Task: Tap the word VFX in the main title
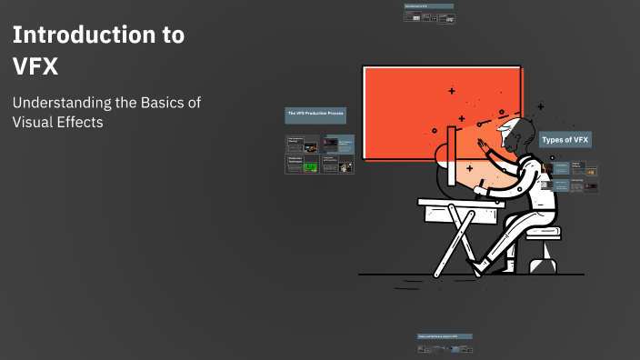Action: coord(35,66)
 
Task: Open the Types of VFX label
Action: coord(565,139)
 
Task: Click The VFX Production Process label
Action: coord(315,115)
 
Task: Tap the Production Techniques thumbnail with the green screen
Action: coord(302,165)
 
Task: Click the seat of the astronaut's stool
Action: coord(543,233)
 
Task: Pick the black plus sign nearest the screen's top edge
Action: coord(453,91)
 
